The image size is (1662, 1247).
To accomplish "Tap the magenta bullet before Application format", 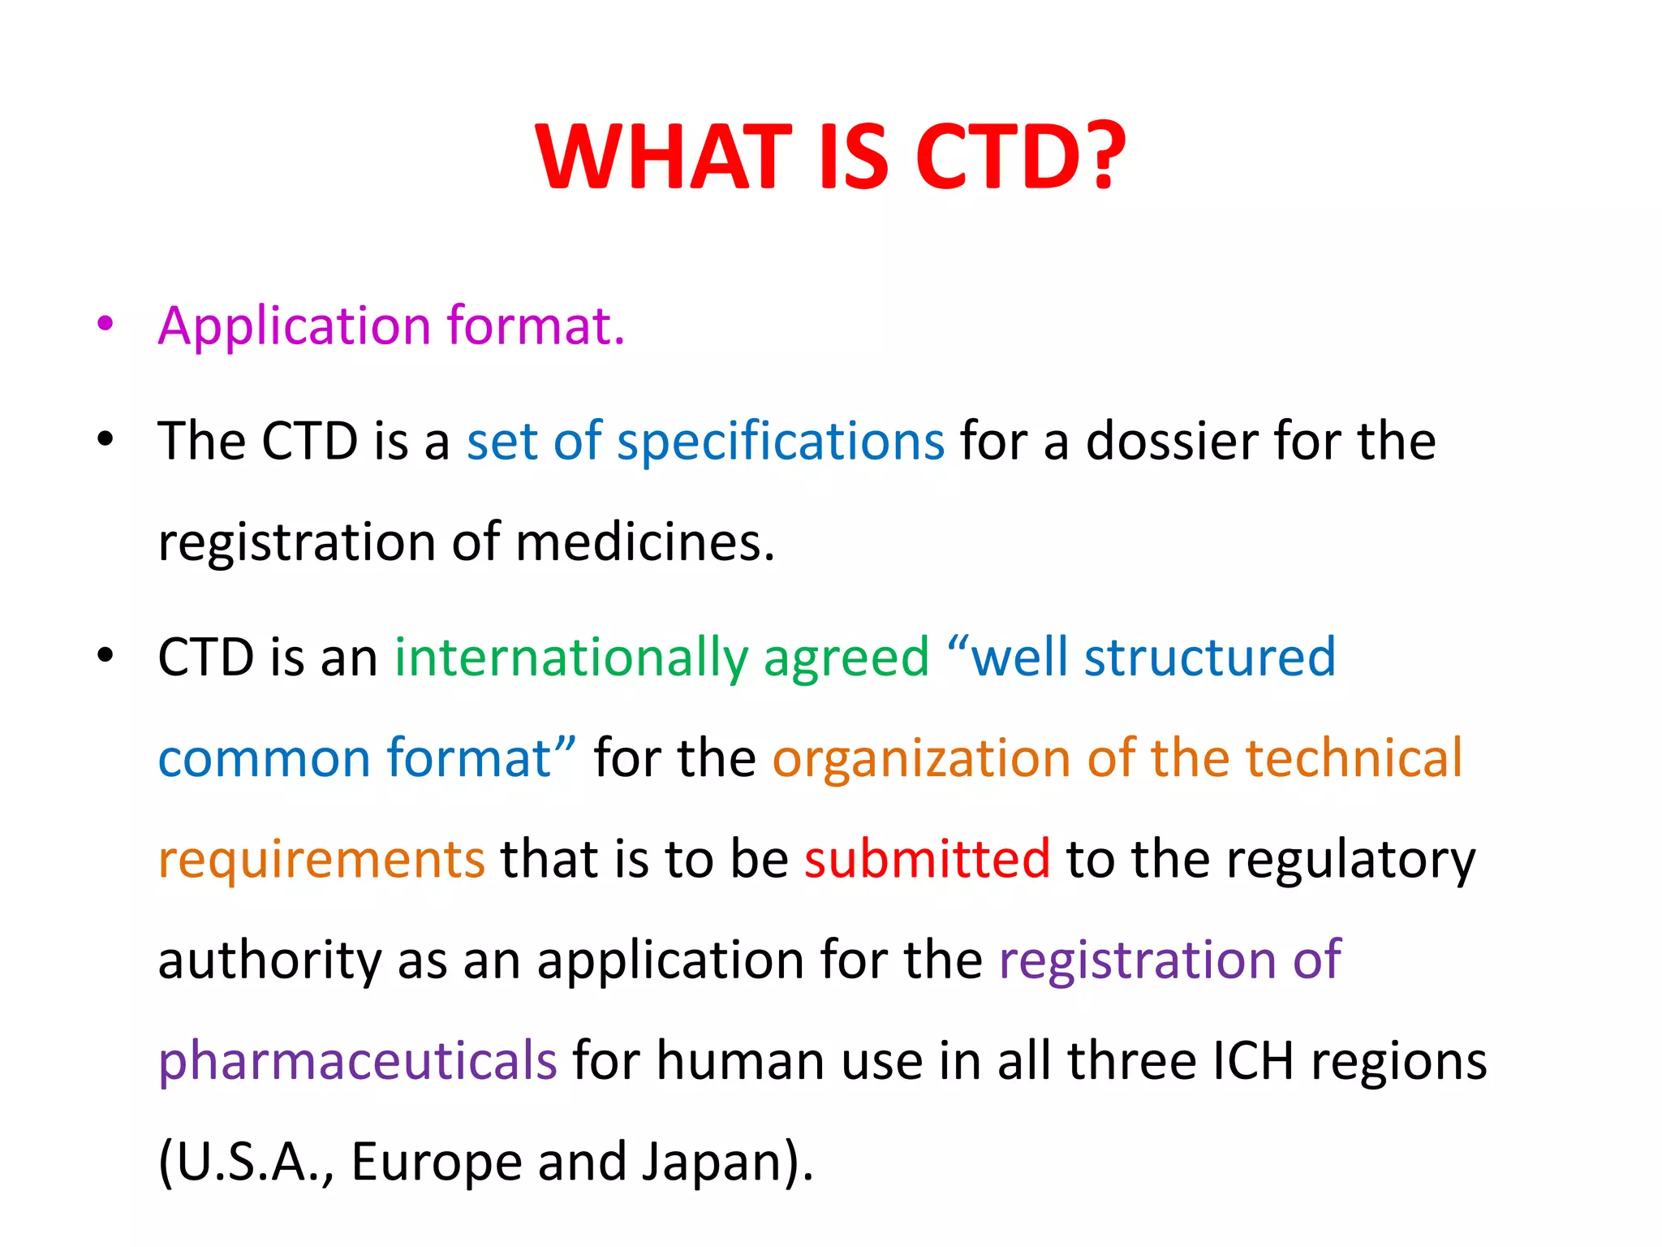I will click(x=105, y=323).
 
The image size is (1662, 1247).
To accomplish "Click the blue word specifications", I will click(x=780, y=443).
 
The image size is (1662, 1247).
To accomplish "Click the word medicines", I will click(x=644, y=542).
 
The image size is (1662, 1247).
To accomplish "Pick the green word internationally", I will click(x=571, y=658).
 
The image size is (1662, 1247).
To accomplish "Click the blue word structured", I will click(x=1209, y=658).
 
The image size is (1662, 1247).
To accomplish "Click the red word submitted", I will click(x=927, y=859).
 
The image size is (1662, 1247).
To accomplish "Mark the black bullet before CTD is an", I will click(x=105, y=654).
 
